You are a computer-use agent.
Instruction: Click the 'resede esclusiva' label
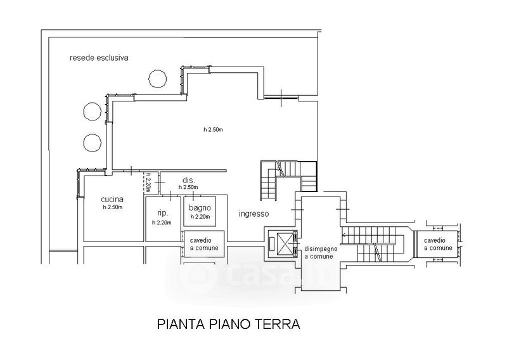tap(99, 58)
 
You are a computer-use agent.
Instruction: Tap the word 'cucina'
tap(112, 199)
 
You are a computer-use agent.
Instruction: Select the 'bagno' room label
tap(200, 208)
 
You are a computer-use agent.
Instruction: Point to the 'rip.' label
tap(162, 213)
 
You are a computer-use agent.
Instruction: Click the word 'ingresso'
tap(254, 214)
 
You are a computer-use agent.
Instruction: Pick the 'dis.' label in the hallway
tap(188, 180)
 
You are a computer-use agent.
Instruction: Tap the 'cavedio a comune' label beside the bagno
tap(204, 244)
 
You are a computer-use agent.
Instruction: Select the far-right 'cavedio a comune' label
tap(438, 244)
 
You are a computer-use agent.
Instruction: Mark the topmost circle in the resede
tap(157, 79)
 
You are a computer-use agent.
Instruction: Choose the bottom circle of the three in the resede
tap(93, 143)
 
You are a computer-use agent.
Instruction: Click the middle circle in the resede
tap(93, 112)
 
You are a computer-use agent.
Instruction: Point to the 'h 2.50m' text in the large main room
tap(213, 130)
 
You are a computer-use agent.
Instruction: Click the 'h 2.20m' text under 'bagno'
tap(200, 217)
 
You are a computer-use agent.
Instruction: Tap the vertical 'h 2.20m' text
tap(148, 183)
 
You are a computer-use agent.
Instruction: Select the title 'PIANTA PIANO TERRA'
tap(229, 324)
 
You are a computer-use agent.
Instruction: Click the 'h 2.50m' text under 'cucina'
tap(113, 207)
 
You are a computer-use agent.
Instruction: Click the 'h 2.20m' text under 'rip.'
tap(162, 222)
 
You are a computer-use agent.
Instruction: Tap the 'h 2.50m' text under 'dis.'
tap(188, 187)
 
